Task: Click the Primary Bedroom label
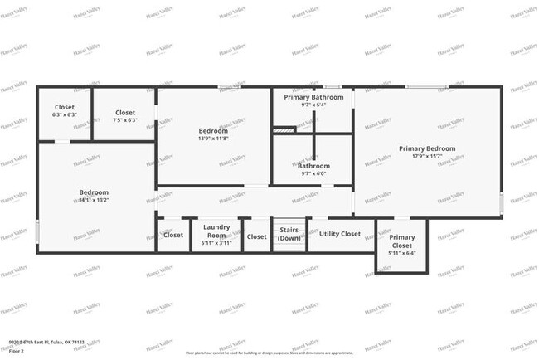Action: [427, 148]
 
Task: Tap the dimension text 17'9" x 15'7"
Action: [427, 157]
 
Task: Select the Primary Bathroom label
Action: [313, 97]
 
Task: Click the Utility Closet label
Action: [340, 234]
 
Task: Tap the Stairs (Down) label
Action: [289, 234]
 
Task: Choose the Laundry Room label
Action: [216, 231]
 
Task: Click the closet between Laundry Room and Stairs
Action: [256, 236]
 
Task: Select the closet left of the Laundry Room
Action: [173, 235]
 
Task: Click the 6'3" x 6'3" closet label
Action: [65, 115]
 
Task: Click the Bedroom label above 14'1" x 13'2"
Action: [94, 192]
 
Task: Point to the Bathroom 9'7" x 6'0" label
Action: [313, 166]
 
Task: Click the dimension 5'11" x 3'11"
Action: [216, 243]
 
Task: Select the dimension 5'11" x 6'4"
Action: [402, 253]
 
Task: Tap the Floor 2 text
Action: [17, 351]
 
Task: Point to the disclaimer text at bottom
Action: [269, 352]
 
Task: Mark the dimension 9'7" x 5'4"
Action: [313, 105]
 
